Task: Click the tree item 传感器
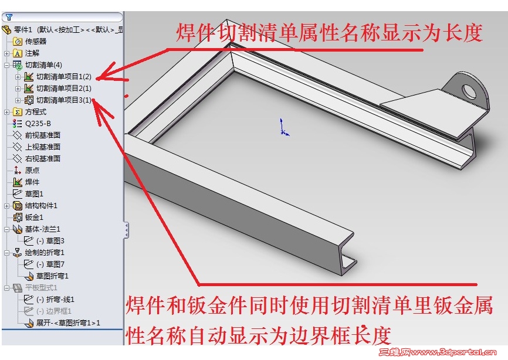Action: (x=36, y=42)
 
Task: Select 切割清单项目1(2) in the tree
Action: (x=64, y=77)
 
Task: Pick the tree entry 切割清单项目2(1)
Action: (x=64, y=89)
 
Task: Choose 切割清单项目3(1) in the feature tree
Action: (x=64, y=100)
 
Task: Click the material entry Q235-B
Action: (x=38, y=124)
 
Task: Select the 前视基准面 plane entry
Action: (x=43, y=135)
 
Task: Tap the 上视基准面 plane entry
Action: (x=43, y=147)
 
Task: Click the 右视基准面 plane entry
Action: (x=43, y=159)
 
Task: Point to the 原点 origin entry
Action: (x=32, y=170)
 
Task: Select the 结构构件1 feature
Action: (x=41, y=206)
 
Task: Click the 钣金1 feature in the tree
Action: (x=34, y=217)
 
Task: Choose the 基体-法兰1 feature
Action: (x=43, y=229)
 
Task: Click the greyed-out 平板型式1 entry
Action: (x=41, y=288)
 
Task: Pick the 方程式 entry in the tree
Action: (x=36, y=112)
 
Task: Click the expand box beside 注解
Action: (x=7, y=53)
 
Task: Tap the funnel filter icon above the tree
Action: (x=9, y=17)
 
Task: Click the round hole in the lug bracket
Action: (x=469, y=91)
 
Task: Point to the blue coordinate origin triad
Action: (x=283, y=127)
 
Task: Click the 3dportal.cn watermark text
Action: (x=438, y=352)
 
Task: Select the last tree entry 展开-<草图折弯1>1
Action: (x=68, y=323)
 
